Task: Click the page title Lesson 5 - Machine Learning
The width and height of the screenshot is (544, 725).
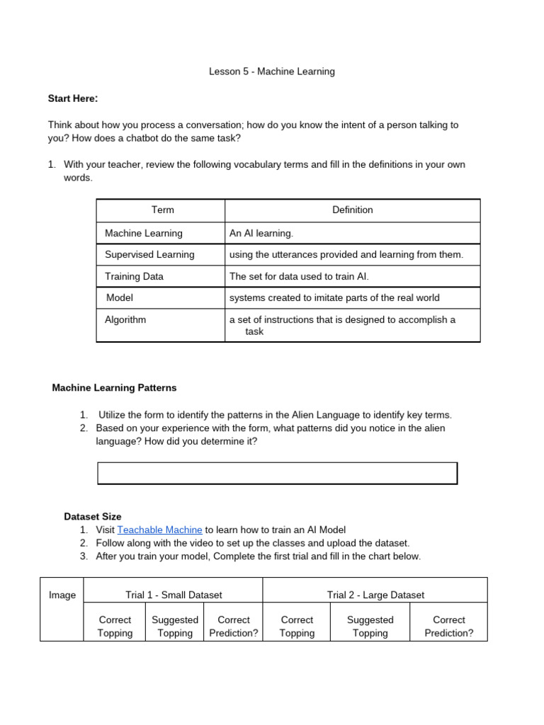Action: click(x=272, y=72)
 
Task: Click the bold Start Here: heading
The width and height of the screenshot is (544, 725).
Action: click(x=73, y=98)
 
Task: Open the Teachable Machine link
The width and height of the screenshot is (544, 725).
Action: click(x=159, y=530)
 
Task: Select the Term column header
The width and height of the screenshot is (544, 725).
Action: click(x=162, y=210)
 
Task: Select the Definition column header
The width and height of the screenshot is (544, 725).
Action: click(x=352, y=210)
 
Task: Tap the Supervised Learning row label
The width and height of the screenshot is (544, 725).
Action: click(x=149, y=254)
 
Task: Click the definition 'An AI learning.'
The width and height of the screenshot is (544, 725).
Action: click(x=261, y=233)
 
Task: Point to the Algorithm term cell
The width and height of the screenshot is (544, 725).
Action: click(x=125, y=319)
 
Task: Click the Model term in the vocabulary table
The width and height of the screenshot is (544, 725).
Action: click(x=119, y=297)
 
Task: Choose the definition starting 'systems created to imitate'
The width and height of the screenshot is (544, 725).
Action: click(x=334, y=297)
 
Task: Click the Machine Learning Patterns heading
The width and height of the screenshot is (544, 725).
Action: click(x=115, y=388)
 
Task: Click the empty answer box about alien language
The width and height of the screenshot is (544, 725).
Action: click(x=277, y=473)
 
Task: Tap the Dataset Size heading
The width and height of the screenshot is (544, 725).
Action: click(x=93, y=517)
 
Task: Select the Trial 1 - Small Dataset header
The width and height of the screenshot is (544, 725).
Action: click(x=174, y=595)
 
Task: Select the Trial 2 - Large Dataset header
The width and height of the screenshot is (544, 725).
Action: click(x=375, y=595)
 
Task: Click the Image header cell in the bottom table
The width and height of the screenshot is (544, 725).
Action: click(x=62, y=595)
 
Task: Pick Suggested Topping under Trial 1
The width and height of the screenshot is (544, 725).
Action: click(x=175, y=626)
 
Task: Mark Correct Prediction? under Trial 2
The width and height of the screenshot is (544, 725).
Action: click(x=448, y=626)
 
